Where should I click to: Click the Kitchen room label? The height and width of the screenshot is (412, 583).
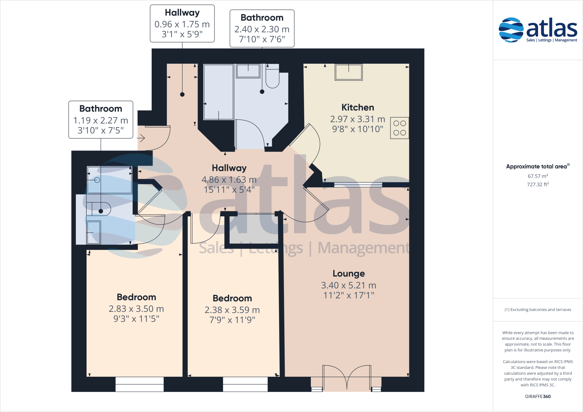click(358, 108)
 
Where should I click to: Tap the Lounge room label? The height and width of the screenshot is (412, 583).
click(348, 273)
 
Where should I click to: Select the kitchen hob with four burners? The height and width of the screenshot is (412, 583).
click(399, 128)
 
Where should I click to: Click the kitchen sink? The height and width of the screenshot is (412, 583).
click(348, 72)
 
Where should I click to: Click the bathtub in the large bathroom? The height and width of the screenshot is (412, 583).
click(218, 92)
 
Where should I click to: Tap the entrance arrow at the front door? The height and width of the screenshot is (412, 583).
click(141, 139)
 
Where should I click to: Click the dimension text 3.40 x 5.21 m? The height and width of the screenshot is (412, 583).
click(348, 285)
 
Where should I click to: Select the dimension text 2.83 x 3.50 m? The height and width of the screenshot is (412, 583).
click(136, 309)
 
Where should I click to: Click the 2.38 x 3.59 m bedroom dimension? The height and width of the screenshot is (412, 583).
click(232, 310)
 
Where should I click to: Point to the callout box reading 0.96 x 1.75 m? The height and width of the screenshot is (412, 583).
click(182, 24)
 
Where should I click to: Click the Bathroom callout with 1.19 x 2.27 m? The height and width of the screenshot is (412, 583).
click(101, 120)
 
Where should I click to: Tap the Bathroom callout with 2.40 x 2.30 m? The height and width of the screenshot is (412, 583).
click(262, 28)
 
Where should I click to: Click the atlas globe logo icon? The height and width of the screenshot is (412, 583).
click(511, 30)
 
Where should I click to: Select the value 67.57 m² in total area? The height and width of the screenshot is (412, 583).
click(538, 176)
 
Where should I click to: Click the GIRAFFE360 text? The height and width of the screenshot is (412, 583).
click(538, 396)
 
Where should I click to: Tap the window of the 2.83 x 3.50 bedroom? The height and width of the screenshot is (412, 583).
click(139, 384)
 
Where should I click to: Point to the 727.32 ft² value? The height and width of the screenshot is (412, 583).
click(538, 184)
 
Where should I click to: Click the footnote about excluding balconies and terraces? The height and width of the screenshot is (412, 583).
click(538, 310)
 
